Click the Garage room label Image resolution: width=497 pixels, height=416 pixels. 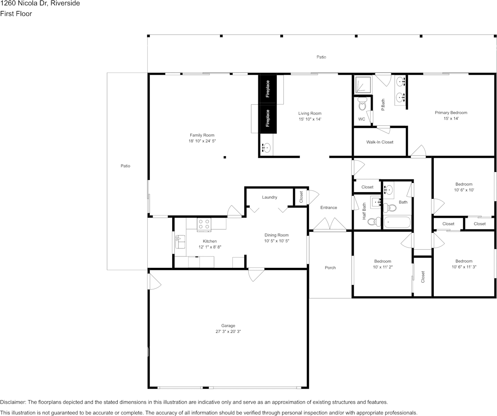[228, 326]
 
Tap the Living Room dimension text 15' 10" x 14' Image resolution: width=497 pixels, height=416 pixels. [310, 119]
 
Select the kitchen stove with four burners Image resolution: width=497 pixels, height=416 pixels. [203, 224]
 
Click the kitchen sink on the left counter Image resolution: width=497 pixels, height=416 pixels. [180, 241]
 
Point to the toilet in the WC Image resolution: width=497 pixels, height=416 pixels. [363, 105]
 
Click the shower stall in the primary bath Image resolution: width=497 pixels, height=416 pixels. [363, 85]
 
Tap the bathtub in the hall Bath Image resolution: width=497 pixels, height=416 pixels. [397, 222]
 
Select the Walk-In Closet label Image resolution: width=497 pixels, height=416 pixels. [380, 142]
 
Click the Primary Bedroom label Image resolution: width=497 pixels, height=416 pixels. [451, 113]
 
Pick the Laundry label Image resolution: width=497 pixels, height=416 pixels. [269, 197]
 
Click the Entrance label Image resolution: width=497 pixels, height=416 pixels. [328, 208]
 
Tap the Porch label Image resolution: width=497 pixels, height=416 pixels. [330, 267]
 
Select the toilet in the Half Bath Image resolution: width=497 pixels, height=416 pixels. [373, 221]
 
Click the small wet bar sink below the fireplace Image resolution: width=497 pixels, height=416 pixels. [266, 148]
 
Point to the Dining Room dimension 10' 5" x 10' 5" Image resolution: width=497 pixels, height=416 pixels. [276, 241]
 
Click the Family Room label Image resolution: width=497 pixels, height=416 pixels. [202, 135]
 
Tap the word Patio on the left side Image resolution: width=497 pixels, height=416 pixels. [126, 166]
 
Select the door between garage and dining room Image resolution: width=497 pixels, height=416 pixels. [256, 274]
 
